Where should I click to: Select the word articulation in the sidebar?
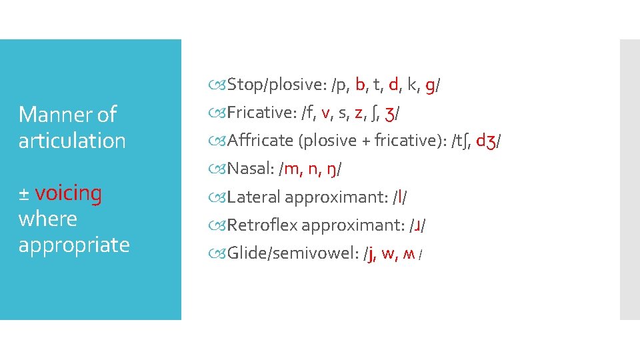click(72, 141)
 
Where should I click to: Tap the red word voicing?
click(68, 193)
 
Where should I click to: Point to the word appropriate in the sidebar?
click(73, 245)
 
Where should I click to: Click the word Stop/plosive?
click(275, 85)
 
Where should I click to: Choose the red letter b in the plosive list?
click(361, 85)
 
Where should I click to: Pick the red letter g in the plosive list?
click(430, 85)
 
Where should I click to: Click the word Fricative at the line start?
click(261, 113)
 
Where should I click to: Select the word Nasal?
click(248, 169)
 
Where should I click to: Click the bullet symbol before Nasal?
click(220, 169)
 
